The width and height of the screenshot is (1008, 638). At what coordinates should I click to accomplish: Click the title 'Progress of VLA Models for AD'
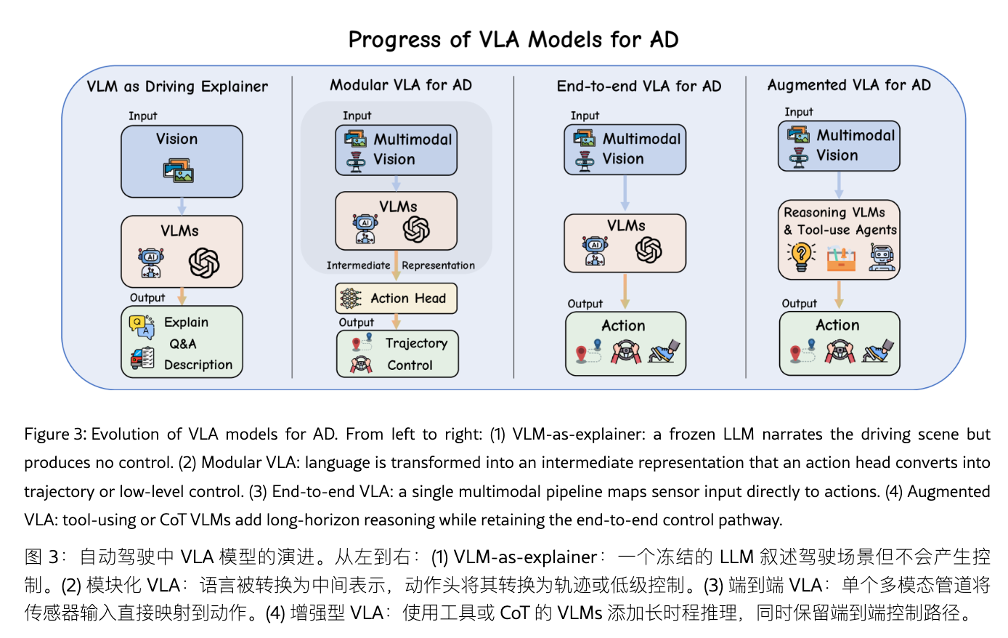click(513, 39)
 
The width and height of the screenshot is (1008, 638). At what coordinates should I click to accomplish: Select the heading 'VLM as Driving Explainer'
click(177, 86)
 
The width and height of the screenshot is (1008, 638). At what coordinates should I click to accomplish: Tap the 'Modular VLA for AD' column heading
click(400, 85)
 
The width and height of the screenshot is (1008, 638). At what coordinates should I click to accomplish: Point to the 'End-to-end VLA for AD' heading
click(638, 86)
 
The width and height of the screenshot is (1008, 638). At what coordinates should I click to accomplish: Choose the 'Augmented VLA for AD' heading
click(848, 85)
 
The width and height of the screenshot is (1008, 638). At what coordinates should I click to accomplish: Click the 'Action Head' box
click(396, 298)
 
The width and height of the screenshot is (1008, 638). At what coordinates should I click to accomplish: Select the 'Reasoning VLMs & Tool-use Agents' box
click(839, 240)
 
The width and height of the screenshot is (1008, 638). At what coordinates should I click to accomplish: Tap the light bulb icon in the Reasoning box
click(800, 256)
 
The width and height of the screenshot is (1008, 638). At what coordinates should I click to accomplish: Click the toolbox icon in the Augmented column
click(841, 257)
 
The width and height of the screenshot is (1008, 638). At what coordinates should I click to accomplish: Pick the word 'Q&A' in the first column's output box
click(183, 344)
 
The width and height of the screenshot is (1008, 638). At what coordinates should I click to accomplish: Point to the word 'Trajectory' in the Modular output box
click(416, 343)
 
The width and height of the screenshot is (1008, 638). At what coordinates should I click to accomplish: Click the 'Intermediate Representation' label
click(400, 265)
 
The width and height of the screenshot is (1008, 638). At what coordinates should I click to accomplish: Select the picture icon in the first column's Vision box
click(179, 171)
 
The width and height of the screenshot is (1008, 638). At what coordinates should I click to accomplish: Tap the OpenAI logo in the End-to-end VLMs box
click(649, 250)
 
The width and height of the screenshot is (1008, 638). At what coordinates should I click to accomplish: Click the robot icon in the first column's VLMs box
click(151, 262)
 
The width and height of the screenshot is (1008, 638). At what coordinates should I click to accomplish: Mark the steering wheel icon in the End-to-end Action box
click(625, 352)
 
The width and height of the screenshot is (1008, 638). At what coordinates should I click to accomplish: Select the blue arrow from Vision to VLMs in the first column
click(182, 206)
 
